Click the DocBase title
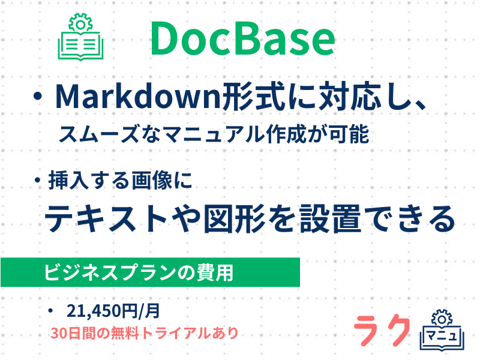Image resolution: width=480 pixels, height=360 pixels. click(x=242, y=39)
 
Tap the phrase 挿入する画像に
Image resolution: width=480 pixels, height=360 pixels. click(x=120, y=180)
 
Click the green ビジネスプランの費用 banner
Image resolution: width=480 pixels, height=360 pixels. click(x=149, y=272)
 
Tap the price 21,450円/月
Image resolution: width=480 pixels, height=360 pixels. click(x=113, y=310)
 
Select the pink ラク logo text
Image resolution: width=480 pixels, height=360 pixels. click(x=382, y=331)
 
